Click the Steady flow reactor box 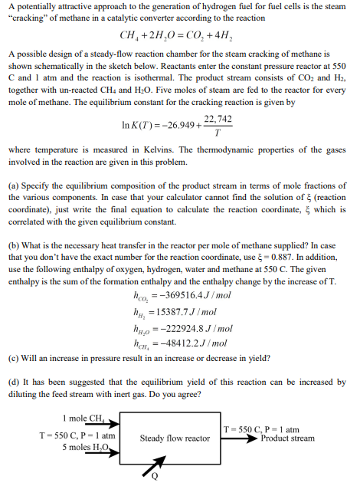175,438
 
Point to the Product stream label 286,438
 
